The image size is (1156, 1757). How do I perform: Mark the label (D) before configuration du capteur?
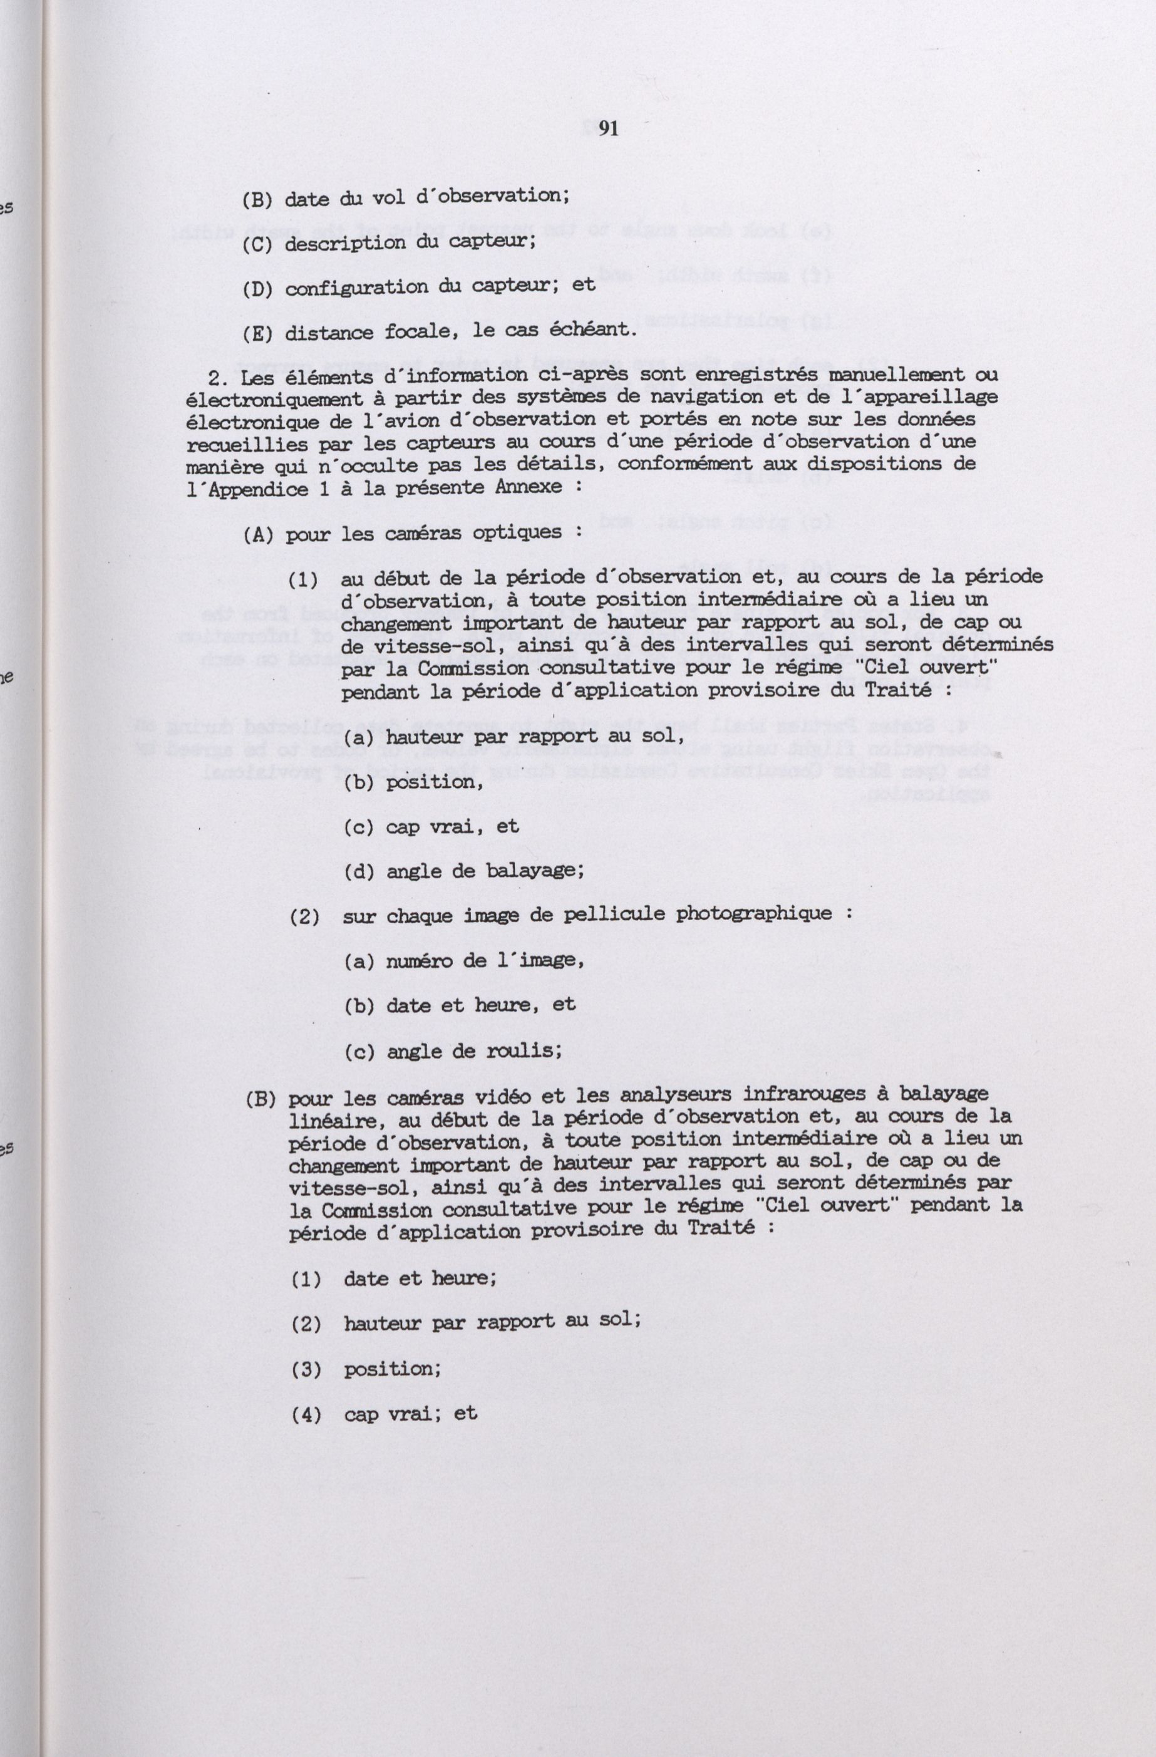click(257, 289)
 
